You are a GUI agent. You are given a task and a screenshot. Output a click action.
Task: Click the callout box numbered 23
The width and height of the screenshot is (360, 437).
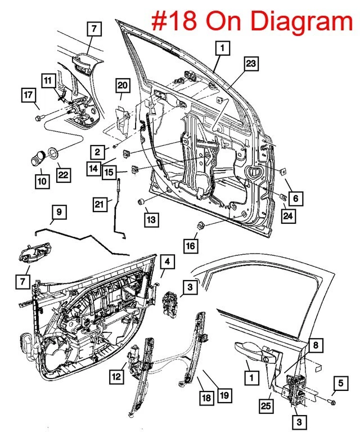click(251, 64)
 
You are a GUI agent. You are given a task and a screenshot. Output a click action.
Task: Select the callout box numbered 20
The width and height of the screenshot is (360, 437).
click(123, 85)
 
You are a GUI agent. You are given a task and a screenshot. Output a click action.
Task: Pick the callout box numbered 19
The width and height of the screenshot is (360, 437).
click(224, 396)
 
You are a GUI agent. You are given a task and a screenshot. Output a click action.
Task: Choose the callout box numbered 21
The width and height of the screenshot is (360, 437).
click(100, 205)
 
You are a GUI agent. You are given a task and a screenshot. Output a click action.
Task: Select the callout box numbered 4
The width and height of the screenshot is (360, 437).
click(167, 262)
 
